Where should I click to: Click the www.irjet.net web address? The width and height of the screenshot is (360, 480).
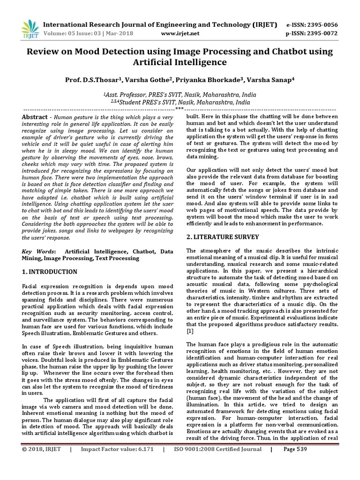coord(180,34)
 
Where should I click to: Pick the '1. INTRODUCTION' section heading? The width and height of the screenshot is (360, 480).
coord(50,271)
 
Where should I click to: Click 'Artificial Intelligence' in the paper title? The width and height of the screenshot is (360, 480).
coord(180,62)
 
